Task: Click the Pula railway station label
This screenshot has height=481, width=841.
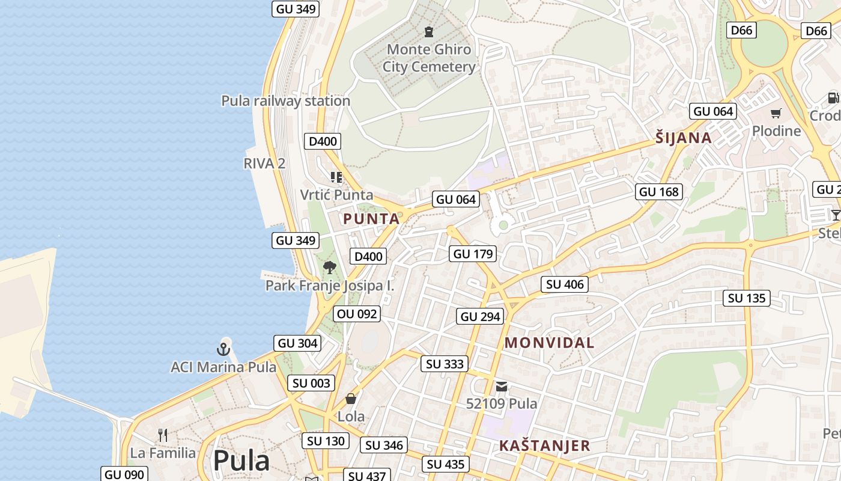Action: (x=285, y=101)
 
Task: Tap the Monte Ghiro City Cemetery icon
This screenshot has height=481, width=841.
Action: (x=429, y=31)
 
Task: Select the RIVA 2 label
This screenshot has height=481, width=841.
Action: (x=264, y=164)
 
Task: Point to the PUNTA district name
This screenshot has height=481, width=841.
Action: (x=371, y=219)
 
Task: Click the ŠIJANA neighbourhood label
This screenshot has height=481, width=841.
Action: (x=684, y=138)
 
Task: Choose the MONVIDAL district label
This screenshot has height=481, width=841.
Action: (x=549, y=343)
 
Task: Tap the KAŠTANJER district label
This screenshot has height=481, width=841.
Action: (x=544, y=446)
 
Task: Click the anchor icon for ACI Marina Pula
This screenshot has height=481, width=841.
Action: (x=223, y=349)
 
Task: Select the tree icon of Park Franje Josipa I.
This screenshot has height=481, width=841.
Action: (x=329, y=268)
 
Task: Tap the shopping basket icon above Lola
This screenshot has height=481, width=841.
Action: (x=351, y=399)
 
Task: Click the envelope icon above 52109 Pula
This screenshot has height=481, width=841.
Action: (x=502, y=386)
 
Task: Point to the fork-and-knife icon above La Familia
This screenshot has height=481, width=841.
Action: (x=162, y=435)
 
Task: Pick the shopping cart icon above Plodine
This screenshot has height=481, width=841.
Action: (x=776, y=113)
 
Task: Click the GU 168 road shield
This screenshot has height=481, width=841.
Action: (x=659, y=192)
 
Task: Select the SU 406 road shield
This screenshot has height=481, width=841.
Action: (x=565, y=284)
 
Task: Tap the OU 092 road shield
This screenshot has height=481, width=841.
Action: (x=357, y=314)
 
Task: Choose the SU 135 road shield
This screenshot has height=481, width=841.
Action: (x=747, y=298)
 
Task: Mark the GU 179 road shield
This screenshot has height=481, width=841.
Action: (x=473, y=254)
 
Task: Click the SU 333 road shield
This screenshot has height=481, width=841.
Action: (x=445, y=364)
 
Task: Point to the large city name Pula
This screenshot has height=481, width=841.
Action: (x=241, y=461)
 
